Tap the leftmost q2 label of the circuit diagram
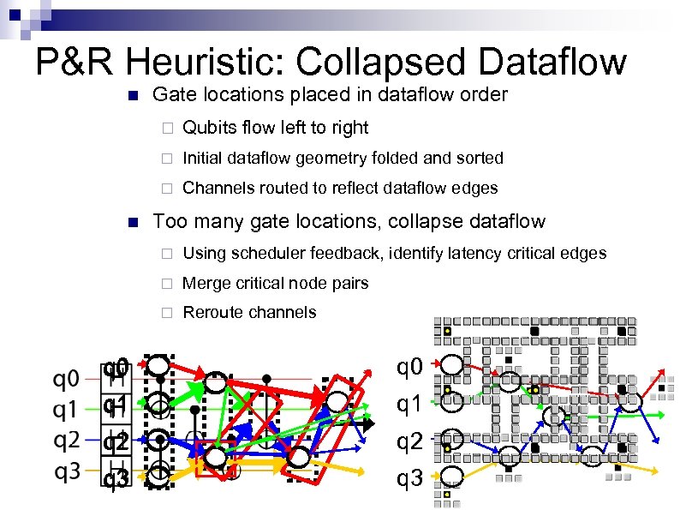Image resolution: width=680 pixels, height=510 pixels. [67, 441]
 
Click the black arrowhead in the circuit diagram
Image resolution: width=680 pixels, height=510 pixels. [367, 423]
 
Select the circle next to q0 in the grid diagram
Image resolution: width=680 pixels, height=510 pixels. [450, 367]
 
